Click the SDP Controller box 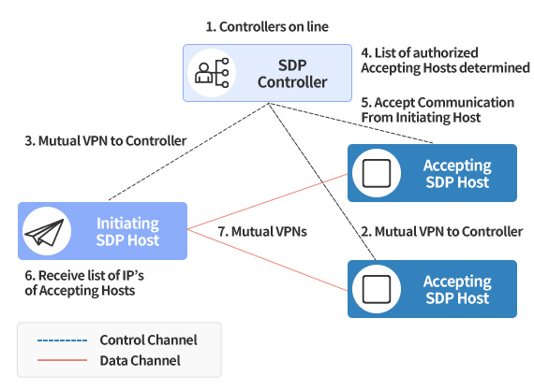coord(267,73)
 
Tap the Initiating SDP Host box coord(102,231)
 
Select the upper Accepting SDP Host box coord(432,173)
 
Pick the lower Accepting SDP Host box coord(432,289)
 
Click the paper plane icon coord(45,232)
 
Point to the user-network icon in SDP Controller coord(212,73)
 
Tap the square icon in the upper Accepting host coord(377,173)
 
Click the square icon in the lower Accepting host coord(377,289)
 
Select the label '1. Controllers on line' coord(267,26)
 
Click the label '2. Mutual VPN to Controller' coord(442,232)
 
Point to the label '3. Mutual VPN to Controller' coord(106,140)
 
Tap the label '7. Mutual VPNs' coord(262,232)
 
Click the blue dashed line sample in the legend coord(63,340)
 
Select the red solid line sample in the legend coord(63,360)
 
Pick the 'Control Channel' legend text coord(148,340)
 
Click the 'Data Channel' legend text coord(140,360)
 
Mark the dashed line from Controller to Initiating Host coord(188,152)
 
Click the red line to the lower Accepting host coord(267,260)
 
